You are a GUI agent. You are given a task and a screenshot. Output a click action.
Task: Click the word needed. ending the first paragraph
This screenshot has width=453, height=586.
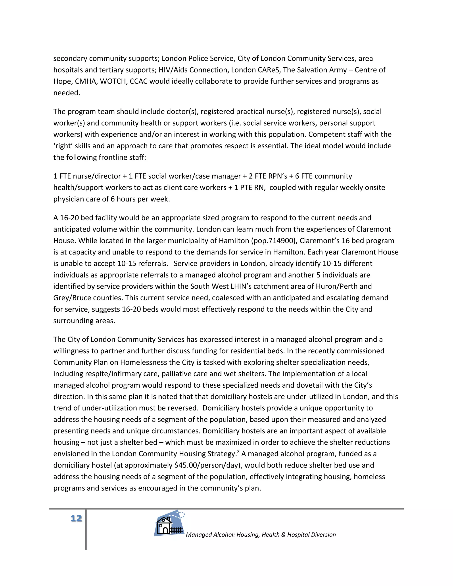67,93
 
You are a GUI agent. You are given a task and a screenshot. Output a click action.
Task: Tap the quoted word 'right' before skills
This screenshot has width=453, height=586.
63,146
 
